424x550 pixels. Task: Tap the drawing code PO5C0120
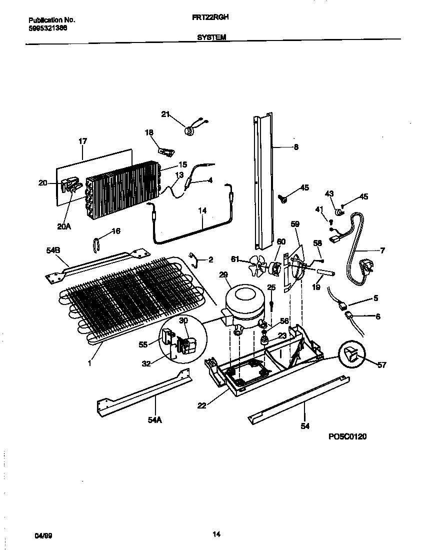click(347, 436)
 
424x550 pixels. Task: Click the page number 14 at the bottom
click(216, 534)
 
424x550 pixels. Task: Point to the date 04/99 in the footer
click(43, 535)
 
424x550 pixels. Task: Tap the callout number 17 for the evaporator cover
click(82, 141)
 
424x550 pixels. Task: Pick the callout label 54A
click(155, 420)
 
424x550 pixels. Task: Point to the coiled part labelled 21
click(189, 131)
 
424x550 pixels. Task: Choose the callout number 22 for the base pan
click(201, 405)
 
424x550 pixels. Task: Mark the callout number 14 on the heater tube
click(202, 211)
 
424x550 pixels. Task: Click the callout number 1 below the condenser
click(89, 363)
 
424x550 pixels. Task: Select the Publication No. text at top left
click(51, 20)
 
